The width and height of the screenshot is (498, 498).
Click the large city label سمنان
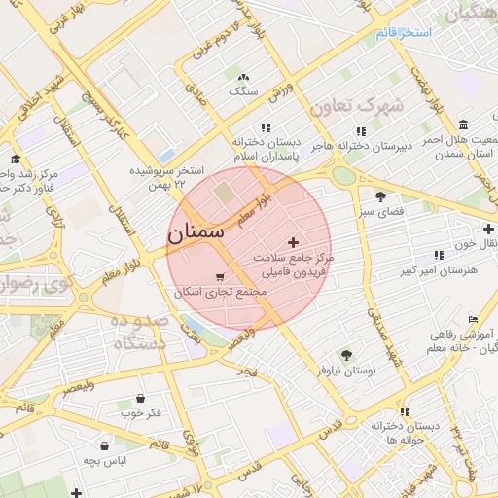(x=196, y=233)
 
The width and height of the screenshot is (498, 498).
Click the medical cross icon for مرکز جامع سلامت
(x=293, y=241)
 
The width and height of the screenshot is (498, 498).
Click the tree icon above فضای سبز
(x=380, y=196)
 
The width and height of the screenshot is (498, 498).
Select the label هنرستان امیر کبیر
(x=427, y=269)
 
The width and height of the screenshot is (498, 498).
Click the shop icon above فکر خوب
(x=141, y=399)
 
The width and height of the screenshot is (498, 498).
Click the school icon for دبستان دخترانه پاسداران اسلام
(x=265, y=127)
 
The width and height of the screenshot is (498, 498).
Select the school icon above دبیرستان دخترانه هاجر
(x=361, y=130)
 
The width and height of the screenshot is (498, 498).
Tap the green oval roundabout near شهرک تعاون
(x=343, y=176)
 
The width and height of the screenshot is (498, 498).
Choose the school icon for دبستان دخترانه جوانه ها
(x=405, y=411)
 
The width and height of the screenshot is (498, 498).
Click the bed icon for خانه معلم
(x=474, y=319)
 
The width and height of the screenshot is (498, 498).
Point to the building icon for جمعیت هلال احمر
(x=463, y=124)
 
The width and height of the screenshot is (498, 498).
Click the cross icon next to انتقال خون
(x=488, y=229)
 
